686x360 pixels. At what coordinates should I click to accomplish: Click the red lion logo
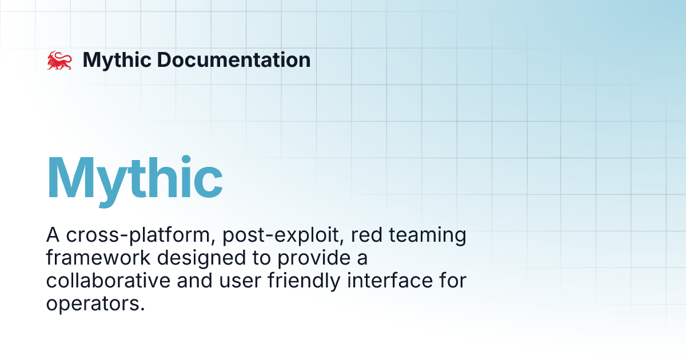point(59,60)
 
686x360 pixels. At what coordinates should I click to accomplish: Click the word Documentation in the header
point(234,59)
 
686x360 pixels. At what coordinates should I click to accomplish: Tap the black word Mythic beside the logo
point(117,61)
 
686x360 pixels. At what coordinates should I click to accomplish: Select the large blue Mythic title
point(135,181)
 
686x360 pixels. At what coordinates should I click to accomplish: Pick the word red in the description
point(366,235)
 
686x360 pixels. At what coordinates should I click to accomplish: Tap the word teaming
point(428,235)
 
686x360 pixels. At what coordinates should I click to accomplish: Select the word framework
point(98,258)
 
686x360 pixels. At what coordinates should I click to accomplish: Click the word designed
point(201,258)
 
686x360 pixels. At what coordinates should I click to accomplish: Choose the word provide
point(314,258)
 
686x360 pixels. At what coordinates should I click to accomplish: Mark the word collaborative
point(108,281)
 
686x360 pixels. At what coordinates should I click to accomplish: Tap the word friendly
point(304,281)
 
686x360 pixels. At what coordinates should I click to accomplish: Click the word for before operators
point(453,281)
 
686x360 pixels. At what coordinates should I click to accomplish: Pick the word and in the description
point(194,281)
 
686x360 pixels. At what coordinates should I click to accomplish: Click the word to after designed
point(262,258)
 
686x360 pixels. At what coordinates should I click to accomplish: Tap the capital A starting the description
point(53,235)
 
